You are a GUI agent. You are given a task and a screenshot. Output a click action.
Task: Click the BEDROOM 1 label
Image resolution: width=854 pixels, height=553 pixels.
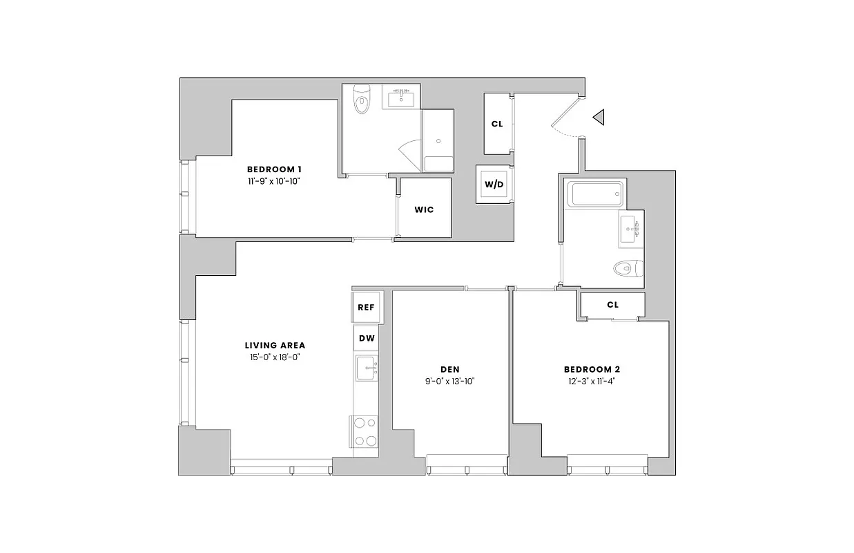(274, 169)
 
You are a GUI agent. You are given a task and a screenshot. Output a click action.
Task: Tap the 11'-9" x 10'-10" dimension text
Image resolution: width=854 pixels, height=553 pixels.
(274, 182)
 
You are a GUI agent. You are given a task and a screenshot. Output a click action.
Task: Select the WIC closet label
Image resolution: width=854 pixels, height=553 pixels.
(424, 209)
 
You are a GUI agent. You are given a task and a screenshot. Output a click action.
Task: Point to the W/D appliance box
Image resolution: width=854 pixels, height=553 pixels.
(494, 185)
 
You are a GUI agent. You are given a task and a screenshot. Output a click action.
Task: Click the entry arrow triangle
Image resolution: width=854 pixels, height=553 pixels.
(599, 118)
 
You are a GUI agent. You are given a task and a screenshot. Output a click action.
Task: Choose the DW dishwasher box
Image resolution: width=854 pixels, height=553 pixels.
(367, 338)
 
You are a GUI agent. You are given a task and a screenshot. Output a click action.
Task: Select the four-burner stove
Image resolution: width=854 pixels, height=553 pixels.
(366, 431)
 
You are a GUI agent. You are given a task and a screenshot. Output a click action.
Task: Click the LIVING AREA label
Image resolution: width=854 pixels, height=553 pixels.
(275, 345)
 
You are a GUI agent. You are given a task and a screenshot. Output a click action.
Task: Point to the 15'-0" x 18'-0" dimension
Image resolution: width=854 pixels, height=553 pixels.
(275, 357)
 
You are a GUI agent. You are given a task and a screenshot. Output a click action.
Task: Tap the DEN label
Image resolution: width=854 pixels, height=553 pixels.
(450, 369)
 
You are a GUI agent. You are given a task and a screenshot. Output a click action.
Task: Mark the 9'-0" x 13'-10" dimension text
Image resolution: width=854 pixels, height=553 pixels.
(450, 382)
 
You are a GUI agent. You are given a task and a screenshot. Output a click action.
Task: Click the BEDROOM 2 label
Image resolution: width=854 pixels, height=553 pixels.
(592, 369)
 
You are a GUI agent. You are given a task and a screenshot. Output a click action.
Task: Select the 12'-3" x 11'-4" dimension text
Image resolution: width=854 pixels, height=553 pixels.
(592, 382)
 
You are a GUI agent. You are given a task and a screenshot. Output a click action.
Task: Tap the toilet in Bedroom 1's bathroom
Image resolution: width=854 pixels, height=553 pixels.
(361, 101)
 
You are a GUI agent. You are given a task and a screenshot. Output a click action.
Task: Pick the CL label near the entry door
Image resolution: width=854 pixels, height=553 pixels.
(496, 124)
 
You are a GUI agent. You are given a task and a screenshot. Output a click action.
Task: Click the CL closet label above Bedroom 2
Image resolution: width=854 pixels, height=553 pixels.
(612, 305)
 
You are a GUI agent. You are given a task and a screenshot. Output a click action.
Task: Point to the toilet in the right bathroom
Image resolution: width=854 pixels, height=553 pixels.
(627, 267)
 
